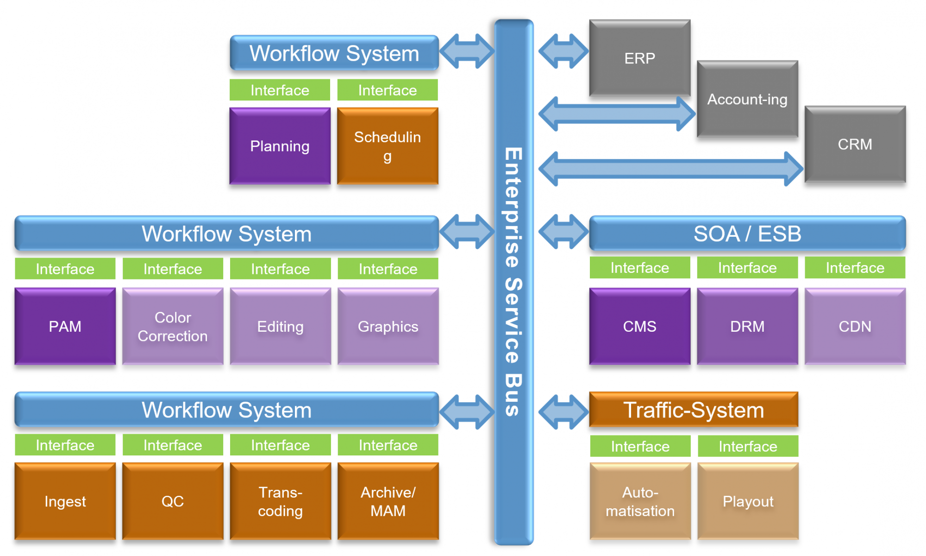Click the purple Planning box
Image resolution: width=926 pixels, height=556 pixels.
[280, 146]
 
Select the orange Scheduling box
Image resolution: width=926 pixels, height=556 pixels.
[388, 146]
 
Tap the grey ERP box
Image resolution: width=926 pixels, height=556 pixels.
[639, 58]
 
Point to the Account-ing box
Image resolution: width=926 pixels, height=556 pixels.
[747, 99]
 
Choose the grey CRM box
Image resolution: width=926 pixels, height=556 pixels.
[855, 144]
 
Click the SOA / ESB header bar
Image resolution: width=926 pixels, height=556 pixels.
[747, 234]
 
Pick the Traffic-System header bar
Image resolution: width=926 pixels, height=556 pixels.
[693, 410]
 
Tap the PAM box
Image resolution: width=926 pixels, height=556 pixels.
[65, 326]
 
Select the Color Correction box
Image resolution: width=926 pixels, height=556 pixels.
[172, 326]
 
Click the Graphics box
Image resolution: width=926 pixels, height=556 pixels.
[388, 326]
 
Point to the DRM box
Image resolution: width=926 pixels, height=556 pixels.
[747, 326]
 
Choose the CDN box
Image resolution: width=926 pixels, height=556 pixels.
[855, 326]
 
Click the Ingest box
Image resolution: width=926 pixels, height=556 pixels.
[65, 501]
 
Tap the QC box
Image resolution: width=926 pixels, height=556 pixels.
[172, 501]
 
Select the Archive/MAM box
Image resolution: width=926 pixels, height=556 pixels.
[388, 501]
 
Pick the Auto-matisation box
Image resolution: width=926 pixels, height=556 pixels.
[640, 501]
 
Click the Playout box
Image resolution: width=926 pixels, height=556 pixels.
[748, 501]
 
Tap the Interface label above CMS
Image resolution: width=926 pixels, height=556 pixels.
[639, 268]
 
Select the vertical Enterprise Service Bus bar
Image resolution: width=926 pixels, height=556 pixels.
[513, 283]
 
